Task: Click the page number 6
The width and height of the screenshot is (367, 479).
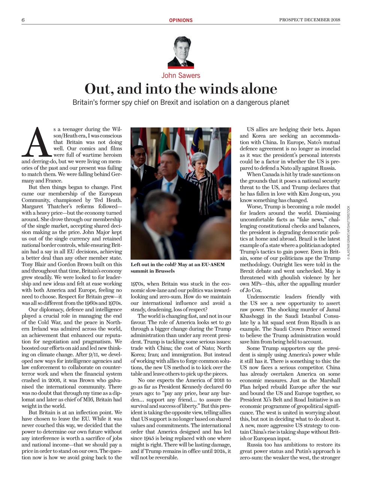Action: click(x=23, y=20)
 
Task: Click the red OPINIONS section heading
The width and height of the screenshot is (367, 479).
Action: click(x=181, y=20)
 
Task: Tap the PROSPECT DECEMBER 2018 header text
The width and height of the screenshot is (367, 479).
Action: click(x=310, y=20)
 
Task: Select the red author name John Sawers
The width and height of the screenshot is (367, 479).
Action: click(x=181, y=75)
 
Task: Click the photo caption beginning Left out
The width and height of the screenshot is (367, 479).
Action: click(x=178, y=267)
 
